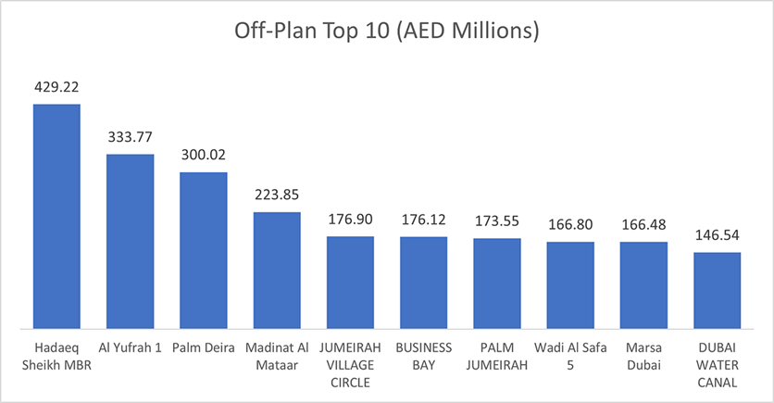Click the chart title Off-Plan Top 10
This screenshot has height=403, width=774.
[x=387, y=31]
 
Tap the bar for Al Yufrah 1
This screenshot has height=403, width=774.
[x=130, y=241]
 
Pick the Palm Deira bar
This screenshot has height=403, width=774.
[x=204, y=250]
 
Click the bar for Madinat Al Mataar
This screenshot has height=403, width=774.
[x=277, y=270]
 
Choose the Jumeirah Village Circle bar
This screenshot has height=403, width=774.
[x=350, y=283]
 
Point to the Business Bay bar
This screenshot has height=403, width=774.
[x=424, y=283]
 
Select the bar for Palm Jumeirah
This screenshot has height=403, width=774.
[x=497, y=283]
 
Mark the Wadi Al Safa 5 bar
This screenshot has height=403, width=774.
[x=570, y=285]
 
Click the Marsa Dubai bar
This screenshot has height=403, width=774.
[x=643, y=285]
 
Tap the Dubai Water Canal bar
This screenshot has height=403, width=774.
[x=718, y=290]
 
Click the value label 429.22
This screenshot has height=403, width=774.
[x=56, y=87]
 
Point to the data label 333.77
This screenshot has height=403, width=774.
[x=130, y=138]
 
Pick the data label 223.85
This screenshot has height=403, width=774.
[x=277, y=195]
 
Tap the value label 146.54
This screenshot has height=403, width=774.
[x=718, y=236]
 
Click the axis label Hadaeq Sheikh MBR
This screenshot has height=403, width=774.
[x=56, y=356]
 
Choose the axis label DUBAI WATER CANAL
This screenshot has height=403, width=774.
[x=718, y=364]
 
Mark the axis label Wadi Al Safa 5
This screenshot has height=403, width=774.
[x=570, y=356]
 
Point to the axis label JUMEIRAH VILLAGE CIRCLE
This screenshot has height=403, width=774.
[x=350, y=364]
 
